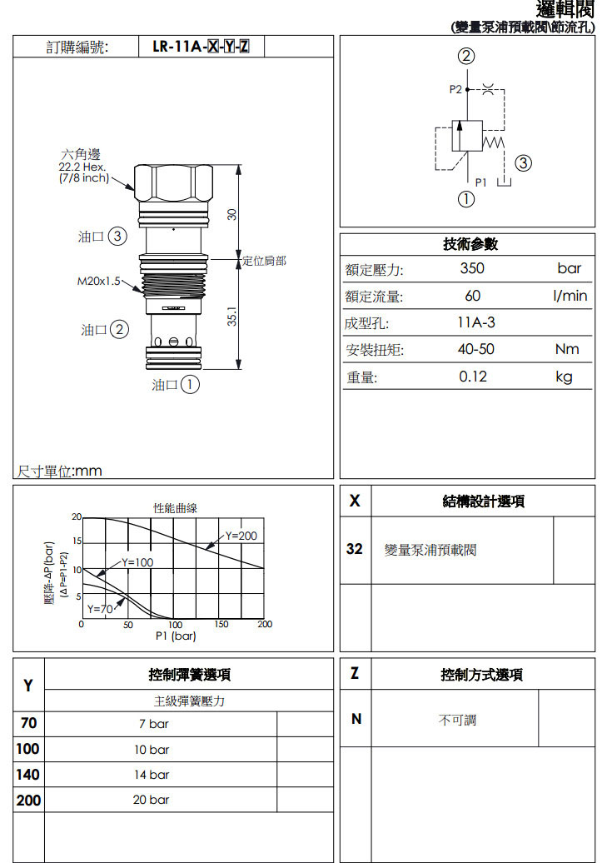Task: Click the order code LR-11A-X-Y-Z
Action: [201, 47]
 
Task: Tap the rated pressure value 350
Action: [472, 268]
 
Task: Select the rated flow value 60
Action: [472, 296]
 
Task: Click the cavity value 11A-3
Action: [476, 322]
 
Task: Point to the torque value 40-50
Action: [475, 349]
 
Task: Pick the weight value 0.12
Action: [473, 377]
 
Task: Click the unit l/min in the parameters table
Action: [570, 296]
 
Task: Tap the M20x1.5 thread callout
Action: [99, 281]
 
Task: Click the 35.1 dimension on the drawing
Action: [232, 317]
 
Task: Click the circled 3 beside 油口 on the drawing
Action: [117, 237]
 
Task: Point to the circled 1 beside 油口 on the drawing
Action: [191, 385]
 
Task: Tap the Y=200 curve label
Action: [241, 536]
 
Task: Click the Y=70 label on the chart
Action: [100, 608]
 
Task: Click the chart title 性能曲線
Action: [175, 507]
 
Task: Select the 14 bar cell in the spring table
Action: [152, 775]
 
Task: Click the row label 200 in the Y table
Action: [28, 801]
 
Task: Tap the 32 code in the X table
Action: [355, 550]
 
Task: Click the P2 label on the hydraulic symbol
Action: [455, 89]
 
